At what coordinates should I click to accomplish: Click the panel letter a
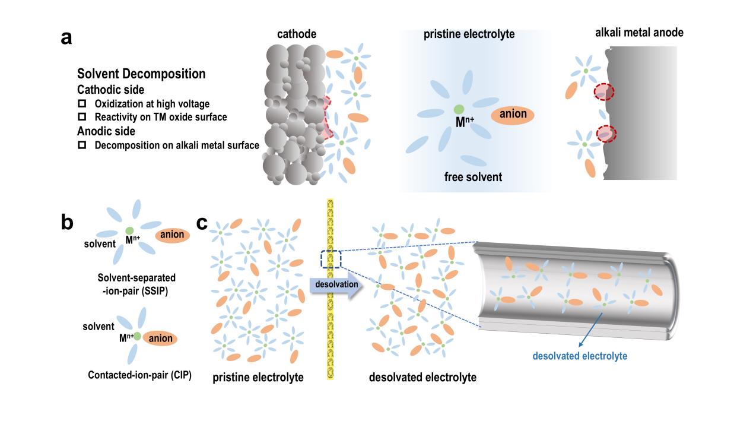[66, 38]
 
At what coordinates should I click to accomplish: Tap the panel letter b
[67, 222]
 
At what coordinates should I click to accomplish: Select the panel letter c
[202, 223]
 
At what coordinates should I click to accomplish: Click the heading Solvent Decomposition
[141, 74]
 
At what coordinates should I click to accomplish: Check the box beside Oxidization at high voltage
[82, 104]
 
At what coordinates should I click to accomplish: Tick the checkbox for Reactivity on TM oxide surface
[82, 117]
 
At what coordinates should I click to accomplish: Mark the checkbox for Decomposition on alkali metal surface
[82, 145]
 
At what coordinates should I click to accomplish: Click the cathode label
[297, 34]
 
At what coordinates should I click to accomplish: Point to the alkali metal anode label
[639, 33]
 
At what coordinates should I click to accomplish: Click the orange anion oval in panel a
[513, 115]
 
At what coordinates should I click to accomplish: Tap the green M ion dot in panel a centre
[458, 109]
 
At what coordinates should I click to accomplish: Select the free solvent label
[473, 176]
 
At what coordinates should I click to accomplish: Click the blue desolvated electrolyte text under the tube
[580, 356]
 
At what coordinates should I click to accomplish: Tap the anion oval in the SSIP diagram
[173, 235]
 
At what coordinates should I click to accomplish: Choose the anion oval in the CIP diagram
[160, 338]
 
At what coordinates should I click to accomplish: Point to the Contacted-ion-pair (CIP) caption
[139, 375]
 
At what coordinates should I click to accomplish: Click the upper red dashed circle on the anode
[604, 92]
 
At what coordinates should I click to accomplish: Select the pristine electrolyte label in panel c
[258, 378]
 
